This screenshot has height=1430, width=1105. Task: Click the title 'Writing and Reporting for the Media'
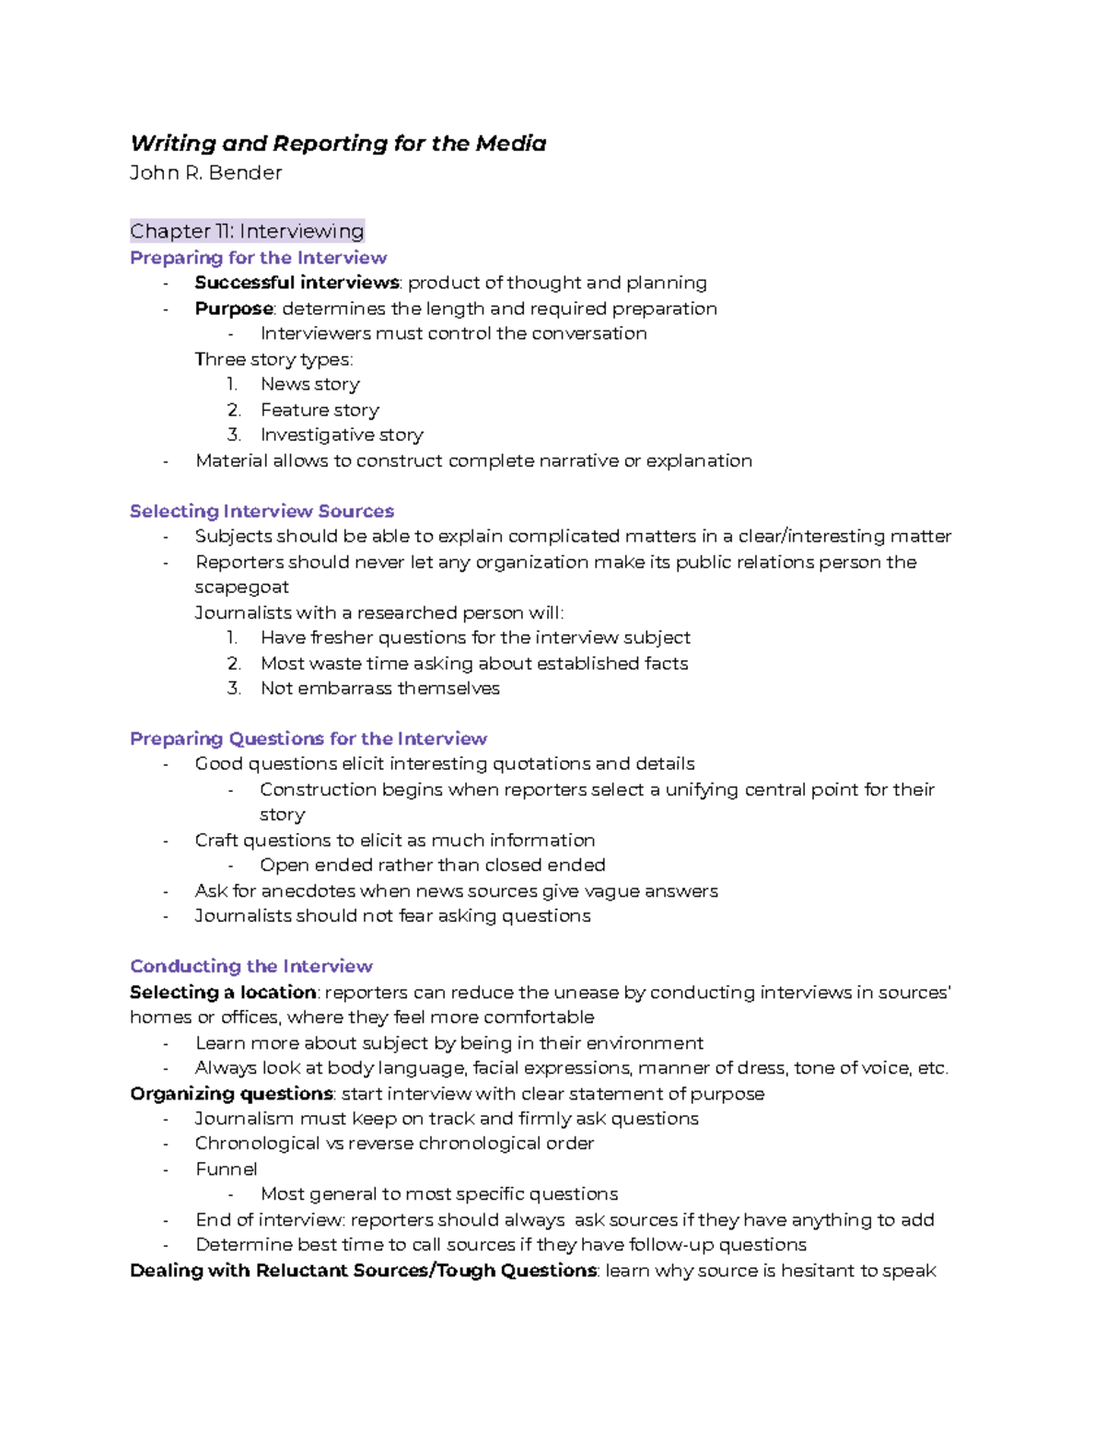coord(338,144)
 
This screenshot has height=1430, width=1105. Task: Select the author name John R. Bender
coord(205,173)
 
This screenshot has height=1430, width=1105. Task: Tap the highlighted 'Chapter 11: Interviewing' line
coord(247,231)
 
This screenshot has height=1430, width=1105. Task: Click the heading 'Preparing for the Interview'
coord(258,258)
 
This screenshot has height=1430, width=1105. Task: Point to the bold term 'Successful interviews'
coord(297,283)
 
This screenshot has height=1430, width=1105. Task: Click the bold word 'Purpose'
coord(234,308)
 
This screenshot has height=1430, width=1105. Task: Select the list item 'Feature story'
coord(320,410)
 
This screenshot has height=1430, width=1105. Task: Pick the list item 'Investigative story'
coord(342,435)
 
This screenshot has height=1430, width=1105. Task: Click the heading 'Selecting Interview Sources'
coord(262,511)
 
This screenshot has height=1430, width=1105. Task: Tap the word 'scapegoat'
coord(241,587)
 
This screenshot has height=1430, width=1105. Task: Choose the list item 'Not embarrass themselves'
coord(379,689)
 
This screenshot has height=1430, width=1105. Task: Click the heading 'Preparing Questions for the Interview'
coord(308,738)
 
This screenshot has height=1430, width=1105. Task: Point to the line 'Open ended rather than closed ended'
coord(432,866)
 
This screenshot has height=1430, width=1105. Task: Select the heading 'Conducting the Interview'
coord(251,966)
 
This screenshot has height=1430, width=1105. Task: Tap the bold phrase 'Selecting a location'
coord(223,993)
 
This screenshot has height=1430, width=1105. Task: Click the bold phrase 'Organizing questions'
coord(231,1094)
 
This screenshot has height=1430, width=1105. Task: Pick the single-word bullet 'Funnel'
coord(226,1169)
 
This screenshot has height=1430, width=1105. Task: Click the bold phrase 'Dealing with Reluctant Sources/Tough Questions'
coord(364,1271)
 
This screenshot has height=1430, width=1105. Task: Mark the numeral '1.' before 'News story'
coord(232,384)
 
